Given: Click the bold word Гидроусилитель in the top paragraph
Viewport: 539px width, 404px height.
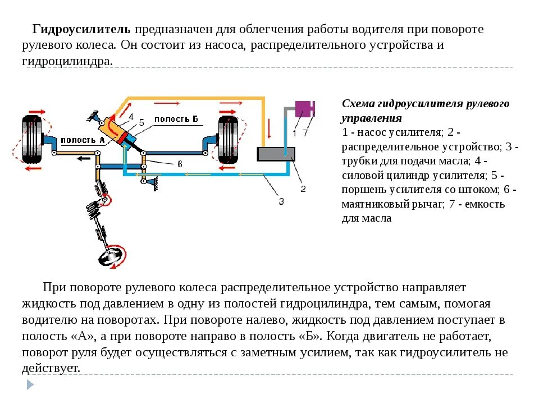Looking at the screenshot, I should (82, 29).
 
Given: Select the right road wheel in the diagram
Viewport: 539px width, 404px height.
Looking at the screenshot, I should (228, 140).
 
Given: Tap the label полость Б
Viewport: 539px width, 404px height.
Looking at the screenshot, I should (176, 118).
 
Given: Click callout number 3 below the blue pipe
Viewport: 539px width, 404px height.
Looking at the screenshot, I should (281, 201).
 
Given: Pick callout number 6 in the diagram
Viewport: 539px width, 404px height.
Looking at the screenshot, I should (180, 164).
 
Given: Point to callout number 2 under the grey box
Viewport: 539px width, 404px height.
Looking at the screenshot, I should (303, 189).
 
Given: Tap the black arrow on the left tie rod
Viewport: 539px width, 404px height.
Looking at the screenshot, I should (84, 158).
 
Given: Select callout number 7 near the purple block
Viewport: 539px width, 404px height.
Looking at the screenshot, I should (305, 133).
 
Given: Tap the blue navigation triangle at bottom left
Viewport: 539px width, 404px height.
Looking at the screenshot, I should (29, 384).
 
